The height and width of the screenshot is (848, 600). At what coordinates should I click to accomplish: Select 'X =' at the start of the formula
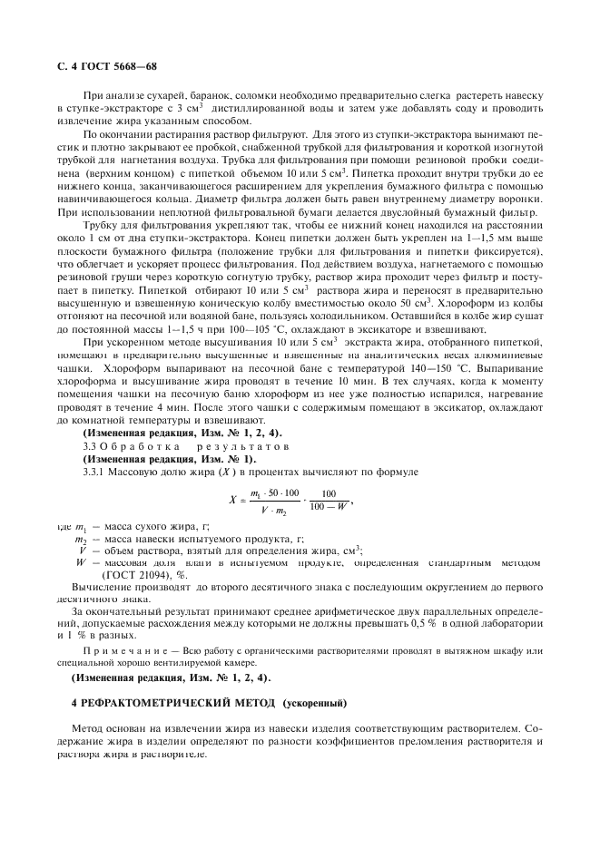tap(238, 499)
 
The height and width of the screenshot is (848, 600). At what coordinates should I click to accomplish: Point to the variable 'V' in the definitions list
tap(83, 550)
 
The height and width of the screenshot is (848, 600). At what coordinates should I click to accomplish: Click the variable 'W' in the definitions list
tap(82, 562)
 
